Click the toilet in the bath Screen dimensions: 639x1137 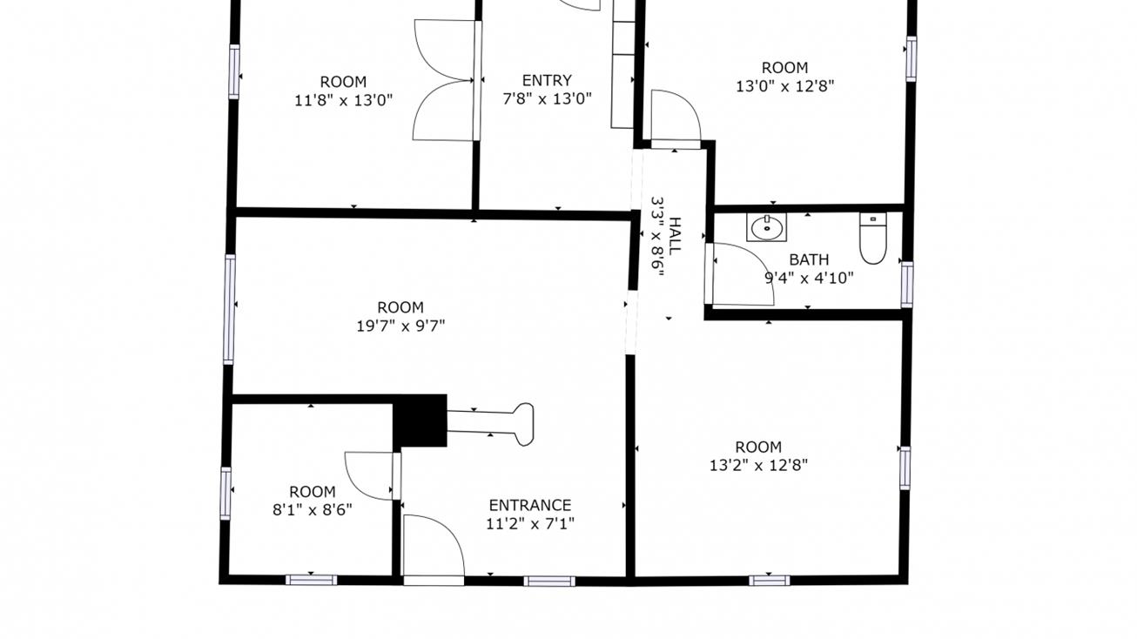872,239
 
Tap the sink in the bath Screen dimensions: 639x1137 766,228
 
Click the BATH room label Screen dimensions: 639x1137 809,259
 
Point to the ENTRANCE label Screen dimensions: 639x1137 529,505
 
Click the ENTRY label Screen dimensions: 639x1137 547,81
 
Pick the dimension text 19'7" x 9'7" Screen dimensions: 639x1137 400,326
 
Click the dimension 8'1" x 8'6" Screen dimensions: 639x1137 312,510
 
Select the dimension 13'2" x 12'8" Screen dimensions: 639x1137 758,466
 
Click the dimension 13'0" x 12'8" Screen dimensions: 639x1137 784,86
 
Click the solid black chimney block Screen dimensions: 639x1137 420,420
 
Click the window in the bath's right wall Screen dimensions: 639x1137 906,285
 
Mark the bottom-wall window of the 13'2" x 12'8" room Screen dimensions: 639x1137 769,580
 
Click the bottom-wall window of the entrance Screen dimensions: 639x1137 549,581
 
